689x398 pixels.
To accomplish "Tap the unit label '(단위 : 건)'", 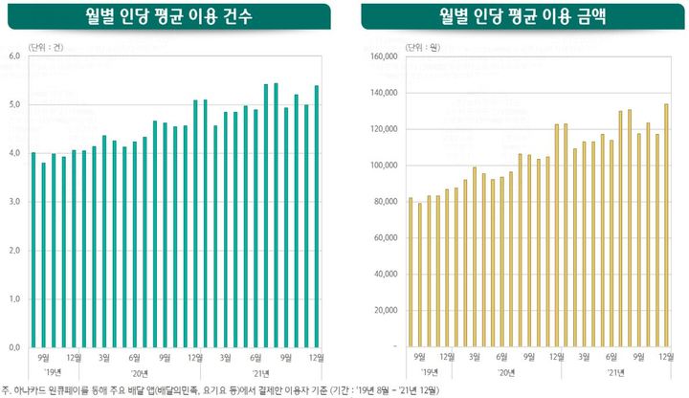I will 46,45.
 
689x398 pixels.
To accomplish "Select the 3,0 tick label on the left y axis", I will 13,202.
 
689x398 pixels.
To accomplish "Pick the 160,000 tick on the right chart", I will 382,56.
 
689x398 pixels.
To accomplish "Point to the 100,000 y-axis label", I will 382,166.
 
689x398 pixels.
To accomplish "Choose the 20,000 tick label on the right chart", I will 384,310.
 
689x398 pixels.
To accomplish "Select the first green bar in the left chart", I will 33,250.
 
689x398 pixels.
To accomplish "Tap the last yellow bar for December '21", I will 666,225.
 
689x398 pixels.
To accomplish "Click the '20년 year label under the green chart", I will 140,372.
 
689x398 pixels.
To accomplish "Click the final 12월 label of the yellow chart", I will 663,356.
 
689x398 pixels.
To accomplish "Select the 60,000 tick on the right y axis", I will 384,238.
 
